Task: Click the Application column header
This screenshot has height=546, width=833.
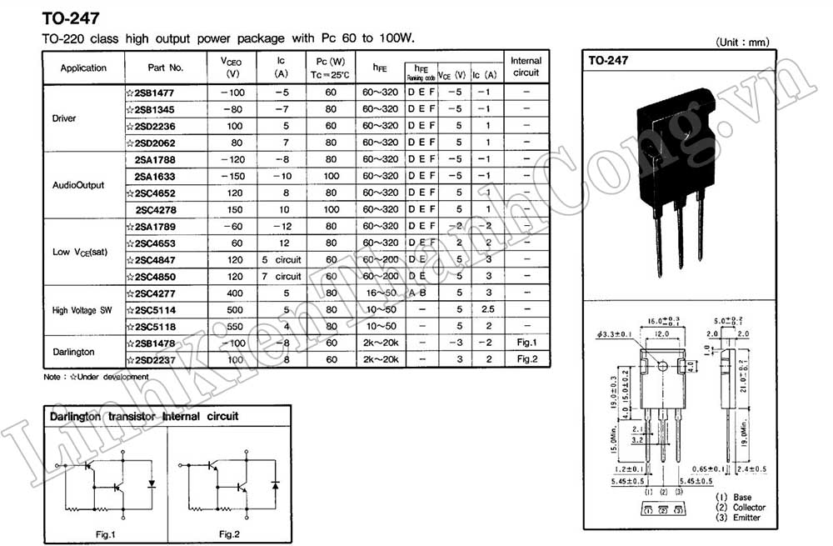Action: point(83,68)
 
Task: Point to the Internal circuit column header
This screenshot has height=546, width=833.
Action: point(526,67)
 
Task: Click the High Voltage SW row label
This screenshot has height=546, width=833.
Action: point(82,310)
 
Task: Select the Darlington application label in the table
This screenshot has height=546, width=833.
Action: point(72,352)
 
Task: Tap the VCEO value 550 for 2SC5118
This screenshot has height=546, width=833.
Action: point(235,326)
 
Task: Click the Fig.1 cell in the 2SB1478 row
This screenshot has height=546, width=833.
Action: point(526,343)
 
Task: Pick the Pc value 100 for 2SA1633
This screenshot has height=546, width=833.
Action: point(331,176)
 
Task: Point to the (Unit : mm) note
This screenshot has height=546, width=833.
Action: point(742,42)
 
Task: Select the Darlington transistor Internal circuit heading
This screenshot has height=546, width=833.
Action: point(144,416)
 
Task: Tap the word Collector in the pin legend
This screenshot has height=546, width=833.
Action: point(749,508)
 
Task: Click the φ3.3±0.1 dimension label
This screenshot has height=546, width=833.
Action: point(616,336)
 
